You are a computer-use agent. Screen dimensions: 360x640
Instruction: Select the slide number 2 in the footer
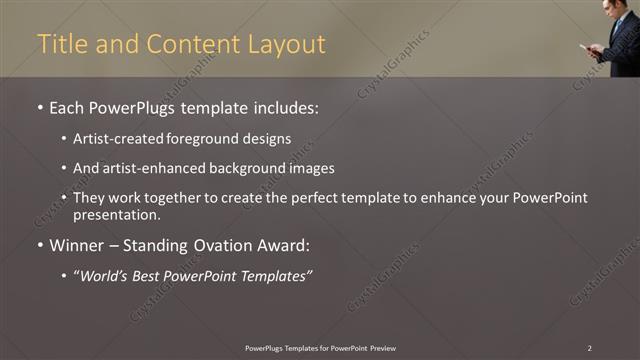click(589, 347)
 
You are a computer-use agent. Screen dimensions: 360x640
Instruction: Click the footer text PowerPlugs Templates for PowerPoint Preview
click(320, 347)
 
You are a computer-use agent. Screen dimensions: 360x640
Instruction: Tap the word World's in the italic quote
click(109, 275)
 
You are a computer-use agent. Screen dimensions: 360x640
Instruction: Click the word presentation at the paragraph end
click(116, 214)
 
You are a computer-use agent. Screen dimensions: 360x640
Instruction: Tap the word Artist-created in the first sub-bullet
click(112, 139)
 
